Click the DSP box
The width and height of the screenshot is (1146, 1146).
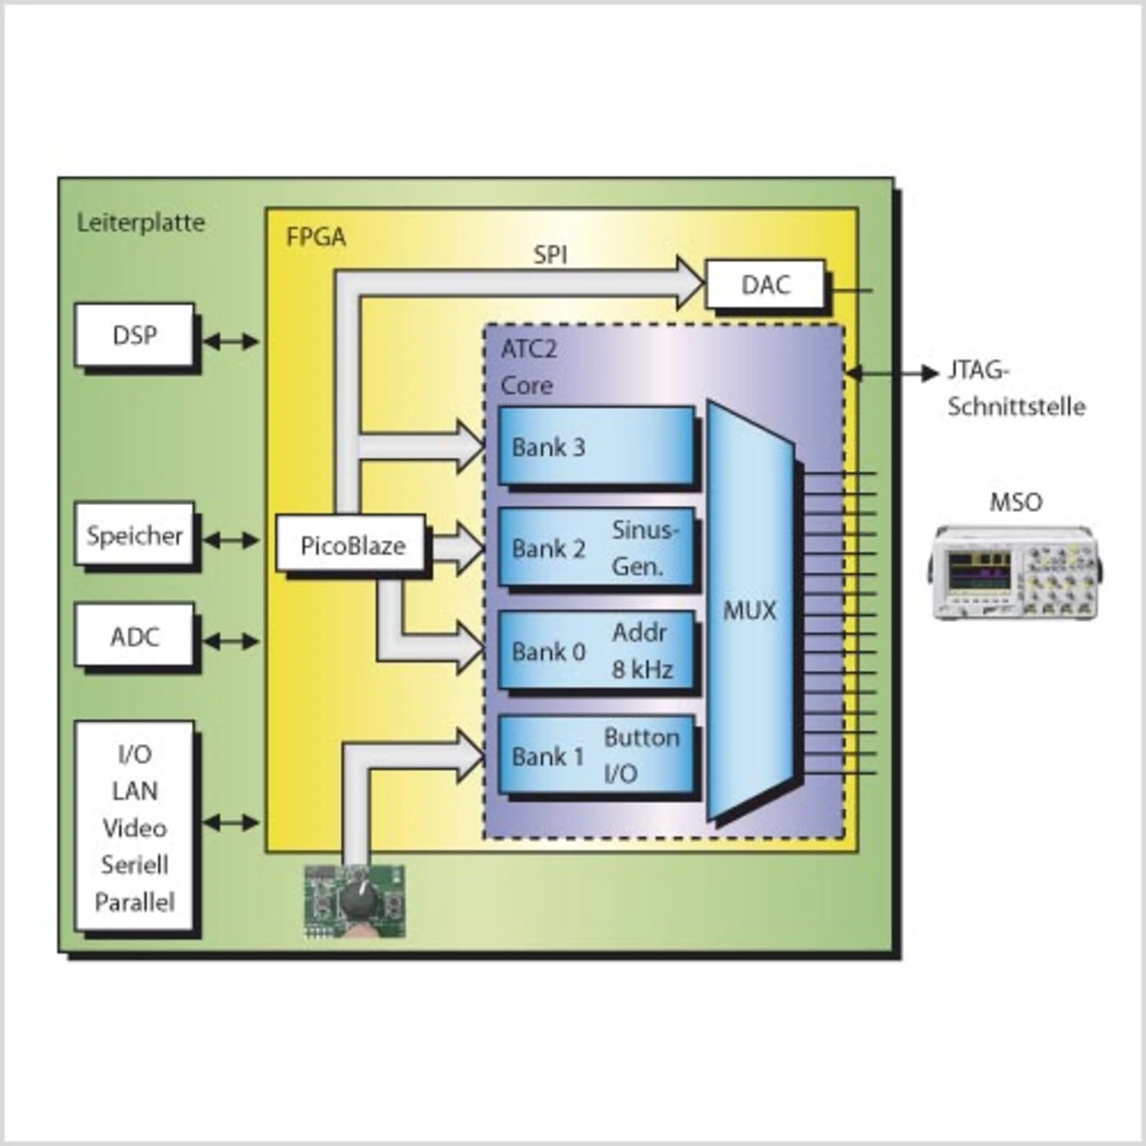click(x=134, y=336)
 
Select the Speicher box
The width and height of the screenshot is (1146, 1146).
click(x=134, y=535)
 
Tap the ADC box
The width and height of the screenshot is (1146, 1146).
click(x=134, y=637)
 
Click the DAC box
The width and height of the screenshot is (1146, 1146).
click(x=765, y=285)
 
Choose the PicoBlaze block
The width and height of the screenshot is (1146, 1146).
click(x=352, y=544)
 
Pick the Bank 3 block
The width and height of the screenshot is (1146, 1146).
click(x=595, y=446)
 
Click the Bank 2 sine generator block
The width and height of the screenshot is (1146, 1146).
click(x=595, y=548)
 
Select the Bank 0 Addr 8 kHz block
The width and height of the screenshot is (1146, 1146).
click(x=595, y=651)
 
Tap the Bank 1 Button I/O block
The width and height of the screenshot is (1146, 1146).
click(x=595, y=755)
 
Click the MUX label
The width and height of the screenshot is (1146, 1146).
click(x=749, y=611)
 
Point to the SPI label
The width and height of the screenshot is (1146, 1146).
click(x=550, y=255)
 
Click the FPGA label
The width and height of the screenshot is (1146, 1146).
click(x=315, y=237)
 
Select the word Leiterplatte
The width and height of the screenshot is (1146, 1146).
click(x=141, y=222)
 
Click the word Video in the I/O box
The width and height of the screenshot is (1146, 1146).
click(x=134, y=828)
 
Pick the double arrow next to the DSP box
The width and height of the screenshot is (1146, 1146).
click(x=231, y=341)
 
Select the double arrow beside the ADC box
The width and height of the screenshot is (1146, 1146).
click(x=231, y=641)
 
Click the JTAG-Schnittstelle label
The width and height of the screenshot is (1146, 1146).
click(x=1015, y=389)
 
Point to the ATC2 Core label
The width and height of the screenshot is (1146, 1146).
click(x=527, y=367)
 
